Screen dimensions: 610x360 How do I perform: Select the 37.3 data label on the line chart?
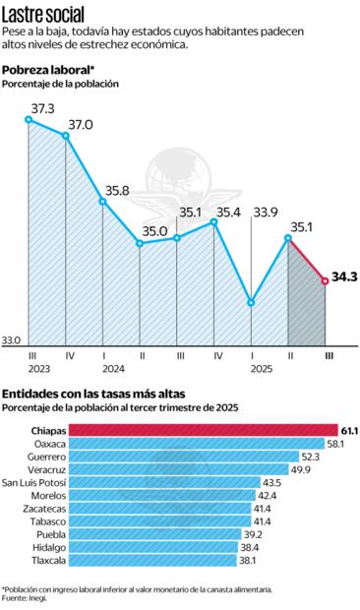[42, 108]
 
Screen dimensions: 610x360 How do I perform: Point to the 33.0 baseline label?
[11, 341]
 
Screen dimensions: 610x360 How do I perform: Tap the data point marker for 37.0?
[66, 136]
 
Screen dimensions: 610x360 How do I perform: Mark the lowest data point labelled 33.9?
[252, 302]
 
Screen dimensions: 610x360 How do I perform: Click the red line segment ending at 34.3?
[308, 261]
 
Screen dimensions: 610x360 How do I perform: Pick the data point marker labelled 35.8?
[103, 201]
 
